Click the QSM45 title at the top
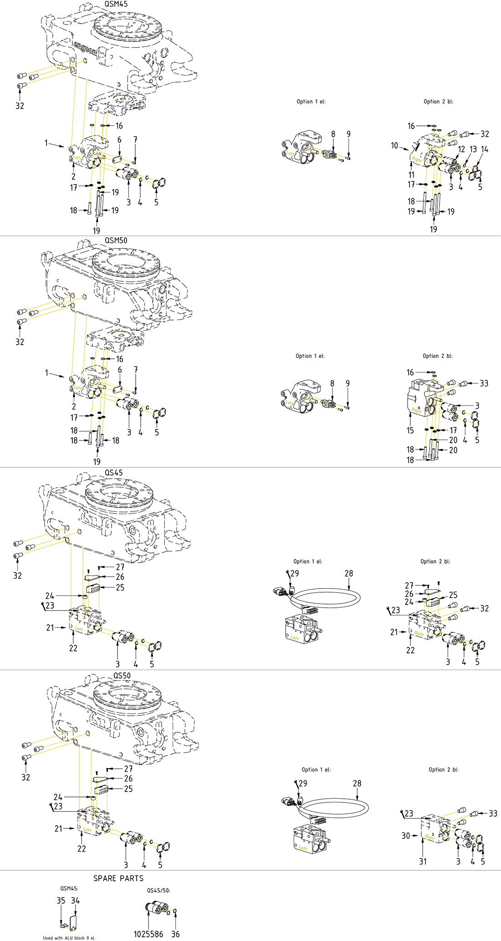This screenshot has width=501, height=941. point(116,4)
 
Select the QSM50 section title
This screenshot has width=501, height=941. point(116,240)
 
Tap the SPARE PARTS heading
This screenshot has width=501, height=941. point(118,879)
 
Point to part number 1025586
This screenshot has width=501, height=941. point(148,934)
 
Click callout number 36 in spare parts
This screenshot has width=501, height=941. point(175,934)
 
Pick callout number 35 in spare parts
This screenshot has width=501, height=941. point(61,900)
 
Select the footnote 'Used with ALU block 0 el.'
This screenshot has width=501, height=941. point(69,938)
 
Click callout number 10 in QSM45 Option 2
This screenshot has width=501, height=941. point(394,145)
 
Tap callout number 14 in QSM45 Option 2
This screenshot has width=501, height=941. point(485,149)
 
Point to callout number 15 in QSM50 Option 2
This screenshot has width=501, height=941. point(410,430)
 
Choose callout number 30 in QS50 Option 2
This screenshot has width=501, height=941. point(406,836)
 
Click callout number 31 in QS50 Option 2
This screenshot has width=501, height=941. point(423,861)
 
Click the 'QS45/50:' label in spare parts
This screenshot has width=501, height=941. point(158,890)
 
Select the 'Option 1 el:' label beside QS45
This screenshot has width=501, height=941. point(308,562)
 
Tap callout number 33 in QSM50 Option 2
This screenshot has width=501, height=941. point(484,383)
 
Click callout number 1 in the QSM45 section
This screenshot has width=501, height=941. point(46,143)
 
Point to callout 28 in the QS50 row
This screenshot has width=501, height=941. point(357,783)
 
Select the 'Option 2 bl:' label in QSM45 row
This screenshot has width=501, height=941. point(439,102)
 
